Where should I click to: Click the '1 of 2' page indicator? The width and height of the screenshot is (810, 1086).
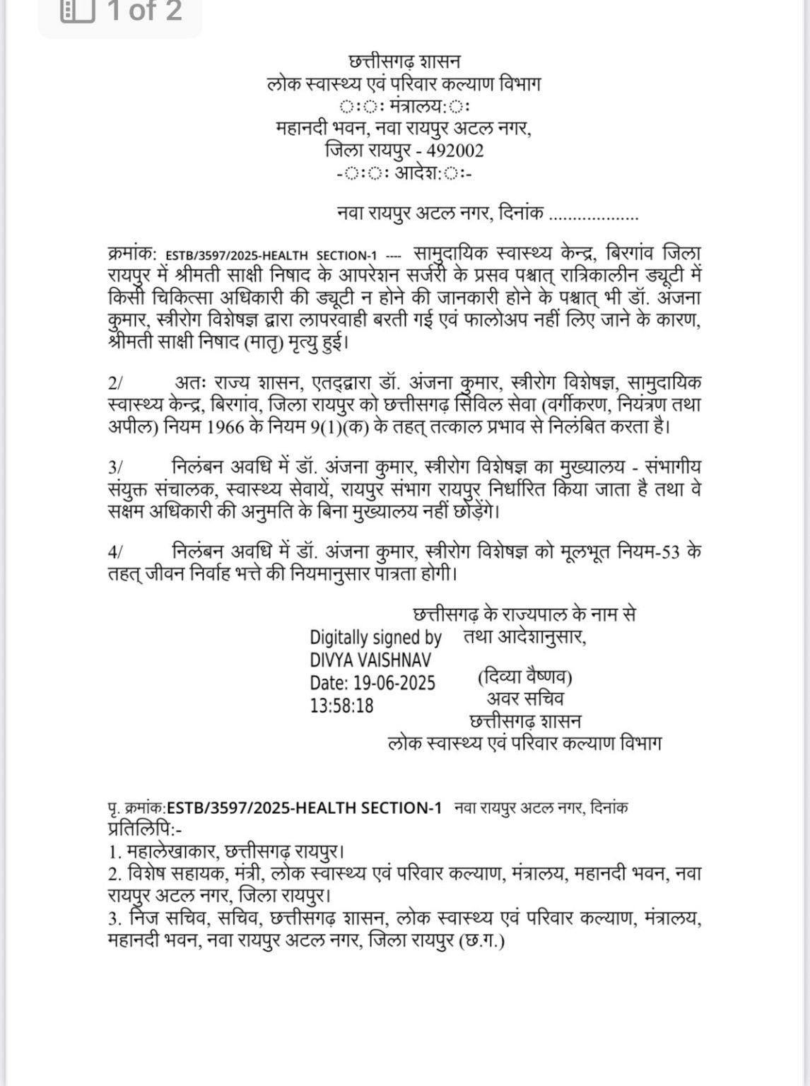[144, 11]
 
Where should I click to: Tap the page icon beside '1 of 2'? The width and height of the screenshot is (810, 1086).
[77, 11]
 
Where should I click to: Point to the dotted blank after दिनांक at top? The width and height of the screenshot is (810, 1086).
[594, 214]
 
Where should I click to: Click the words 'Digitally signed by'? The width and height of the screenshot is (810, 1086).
[375, 638]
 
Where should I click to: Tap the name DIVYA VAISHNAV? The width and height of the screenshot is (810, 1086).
[370, 660]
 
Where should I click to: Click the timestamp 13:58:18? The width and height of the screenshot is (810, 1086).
[341, 706]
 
